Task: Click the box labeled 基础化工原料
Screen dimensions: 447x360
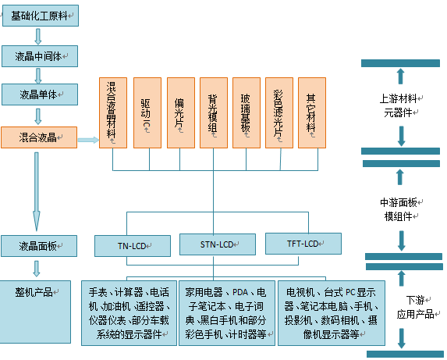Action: pos(41,16)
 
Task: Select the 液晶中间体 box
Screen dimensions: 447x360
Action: pos(40,56)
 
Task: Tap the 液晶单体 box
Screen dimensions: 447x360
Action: pos(40,94)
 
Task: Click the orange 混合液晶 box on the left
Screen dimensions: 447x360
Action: pos(39,137)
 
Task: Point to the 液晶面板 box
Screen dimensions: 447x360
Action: pos(39,246)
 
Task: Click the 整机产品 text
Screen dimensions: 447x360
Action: pos(34,292)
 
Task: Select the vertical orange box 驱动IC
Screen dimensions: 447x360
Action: pos(147,113)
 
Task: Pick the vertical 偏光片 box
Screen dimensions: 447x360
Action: pos(181,113)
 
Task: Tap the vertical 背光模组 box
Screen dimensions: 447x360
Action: pos(214,113)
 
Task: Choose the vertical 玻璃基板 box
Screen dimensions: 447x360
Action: pos(247,113)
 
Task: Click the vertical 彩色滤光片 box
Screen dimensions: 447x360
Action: pos(279,113)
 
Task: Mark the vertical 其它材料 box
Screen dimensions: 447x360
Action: pos(312,113)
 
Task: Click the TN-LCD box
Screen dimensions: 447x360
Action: pos(133,246)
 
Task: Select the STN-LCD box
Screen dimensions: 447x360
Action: pos(218,244)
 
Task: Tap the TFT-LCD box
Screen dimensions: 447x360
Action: pos(303,244)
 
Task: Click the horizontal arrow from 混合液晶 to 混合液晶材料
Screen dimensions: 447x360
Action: pos(88,140)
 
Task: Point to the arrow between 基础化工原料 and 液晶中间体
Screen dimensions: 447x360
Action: pos(38,36)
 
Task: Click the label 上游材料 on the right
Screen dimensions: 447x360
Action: pos(399,98)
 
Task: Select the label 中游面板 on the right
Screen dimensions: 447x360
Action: pos(399,202)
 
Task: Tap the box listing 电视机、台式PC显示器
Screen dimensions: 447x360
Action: pos(332,313)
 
